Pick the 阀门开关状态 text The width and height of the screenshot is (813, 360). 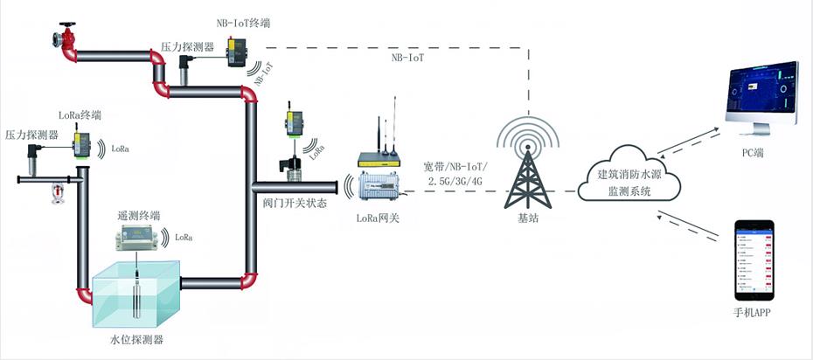coord(295,203)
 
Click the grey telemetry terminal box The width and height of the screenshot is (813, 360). coord(140,237)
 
